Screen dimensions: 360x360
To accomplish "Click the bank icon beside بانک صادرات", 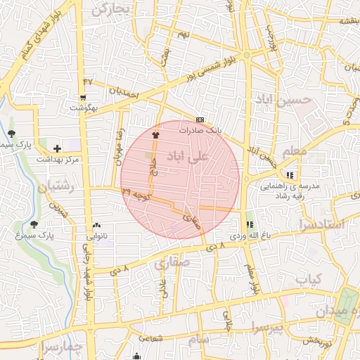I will [200, 120].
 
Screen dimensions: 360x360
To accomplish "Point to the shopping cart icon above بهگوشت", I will [84, 98].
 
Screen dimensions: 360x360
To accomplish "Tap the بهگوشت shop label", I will [83, 108].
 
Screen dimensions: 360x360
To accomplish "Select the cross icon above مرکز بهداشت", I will [57, 148].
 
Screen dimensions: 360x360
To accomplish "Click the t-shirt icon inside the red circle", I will [155, 134].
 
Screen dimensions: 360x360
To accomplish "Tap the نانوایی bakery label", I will [96, 236].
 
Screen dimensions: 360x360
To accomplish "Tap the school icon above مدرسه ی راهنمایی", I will [290, 176].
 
